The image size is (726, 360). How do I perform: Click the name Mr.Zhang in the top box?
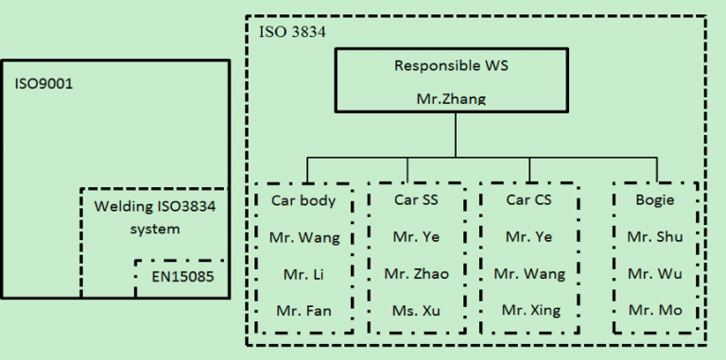coord(451,98)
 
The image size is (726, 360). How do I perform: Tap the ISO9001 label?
coord(43,83)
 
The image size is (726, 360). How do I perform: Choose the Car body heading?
coord(303,200)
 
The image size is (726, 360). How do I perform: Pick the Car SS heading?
coord(416,200)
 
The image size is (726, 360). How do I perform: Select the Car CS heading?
coord(528,200)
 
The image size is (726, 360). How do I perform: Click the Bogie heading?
coord(654,200)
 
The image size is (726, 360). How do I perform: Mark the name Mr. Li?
coord(304,274)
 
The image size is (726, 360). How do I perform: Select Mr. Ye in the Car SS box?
coord(416,237)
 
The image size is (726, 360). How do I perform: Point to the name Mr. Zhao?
coord(416,274)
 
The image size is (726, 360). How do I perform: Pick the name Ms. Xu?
coord(417,310)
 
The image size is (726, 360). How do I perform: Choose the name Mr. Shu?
coord(654,237)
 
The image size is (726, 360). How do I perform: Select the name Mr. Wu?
coord(654,274)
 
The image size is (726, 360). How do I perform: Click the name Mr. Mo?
coord(654,310)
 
